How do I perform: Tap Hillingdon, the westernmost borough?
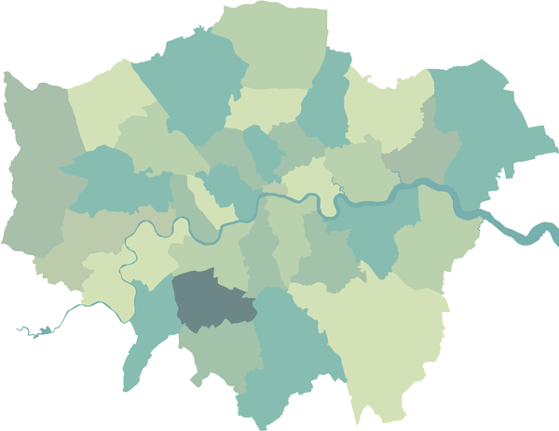tap(37, 168)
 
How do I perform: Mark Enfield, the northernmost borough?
tap(270, 47)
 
